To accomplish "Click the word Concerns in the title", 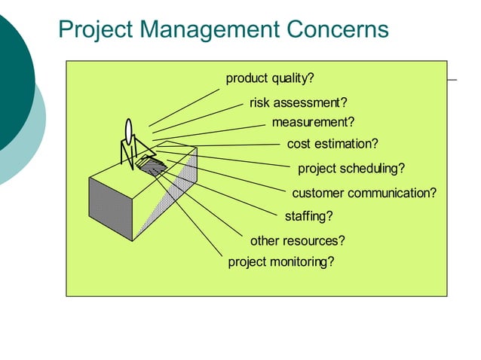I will click(x=338, y=29).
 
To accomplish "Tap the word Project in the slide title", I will click(x=95, y=29).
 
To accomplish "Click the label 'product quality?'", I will click(x=270, y=79).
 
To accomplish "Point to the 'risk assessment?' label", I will click(x=299, y=103).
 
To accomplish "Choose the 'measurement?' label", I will click(x=313, y=122).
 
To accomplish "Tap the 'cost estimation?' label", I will click(x=332, y=144).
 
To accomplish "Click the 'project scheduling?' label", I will click(x=351, y=168).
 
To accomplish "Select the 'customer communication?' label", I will click(x=364, y=193).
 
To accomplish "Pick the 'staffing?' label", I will click(x=308, y=217).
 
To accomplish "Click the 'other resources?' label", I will click(x=298, y=241).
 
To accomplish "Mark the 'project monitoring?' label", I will click(x=280, y=262).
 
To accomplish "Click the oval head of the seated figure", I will click(x=129, y=130).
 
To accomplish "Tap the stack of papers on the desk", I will click(x=152, y=163).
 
